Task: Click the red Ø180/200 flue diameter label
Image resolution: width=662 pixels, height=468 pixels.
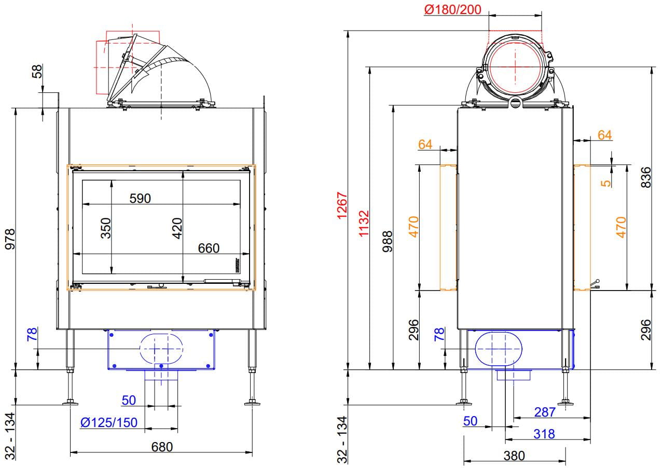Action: (x=452, y=9)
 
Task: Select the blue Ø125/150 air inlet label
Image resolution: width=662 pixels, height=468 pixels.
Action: (x=109, y=422)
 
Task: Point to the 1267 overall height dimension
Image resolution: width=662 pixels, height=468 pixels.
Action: (x=342, y=205)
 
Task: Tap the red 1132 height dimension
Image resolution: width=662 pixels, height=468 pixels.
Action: (x=364, y=223)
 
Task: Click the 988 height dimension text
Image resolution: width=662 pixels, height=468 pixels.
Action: (x=387, y=242)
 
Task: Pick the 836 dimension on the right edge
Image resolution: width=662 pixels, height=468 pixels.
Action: (x=646, y=177)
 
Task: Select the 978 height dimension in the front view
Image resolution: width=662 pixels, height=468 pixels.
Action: (x=10, y=239)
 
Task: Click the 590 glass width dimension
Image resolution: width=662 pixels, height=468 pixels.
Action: (x=140, y=198)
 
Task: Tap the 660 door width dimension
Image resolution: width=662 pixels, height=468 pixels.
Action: (x=209, y=248)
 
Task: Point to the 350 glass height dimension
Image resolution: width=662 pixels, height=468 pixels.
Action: (x=105, y=228)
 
